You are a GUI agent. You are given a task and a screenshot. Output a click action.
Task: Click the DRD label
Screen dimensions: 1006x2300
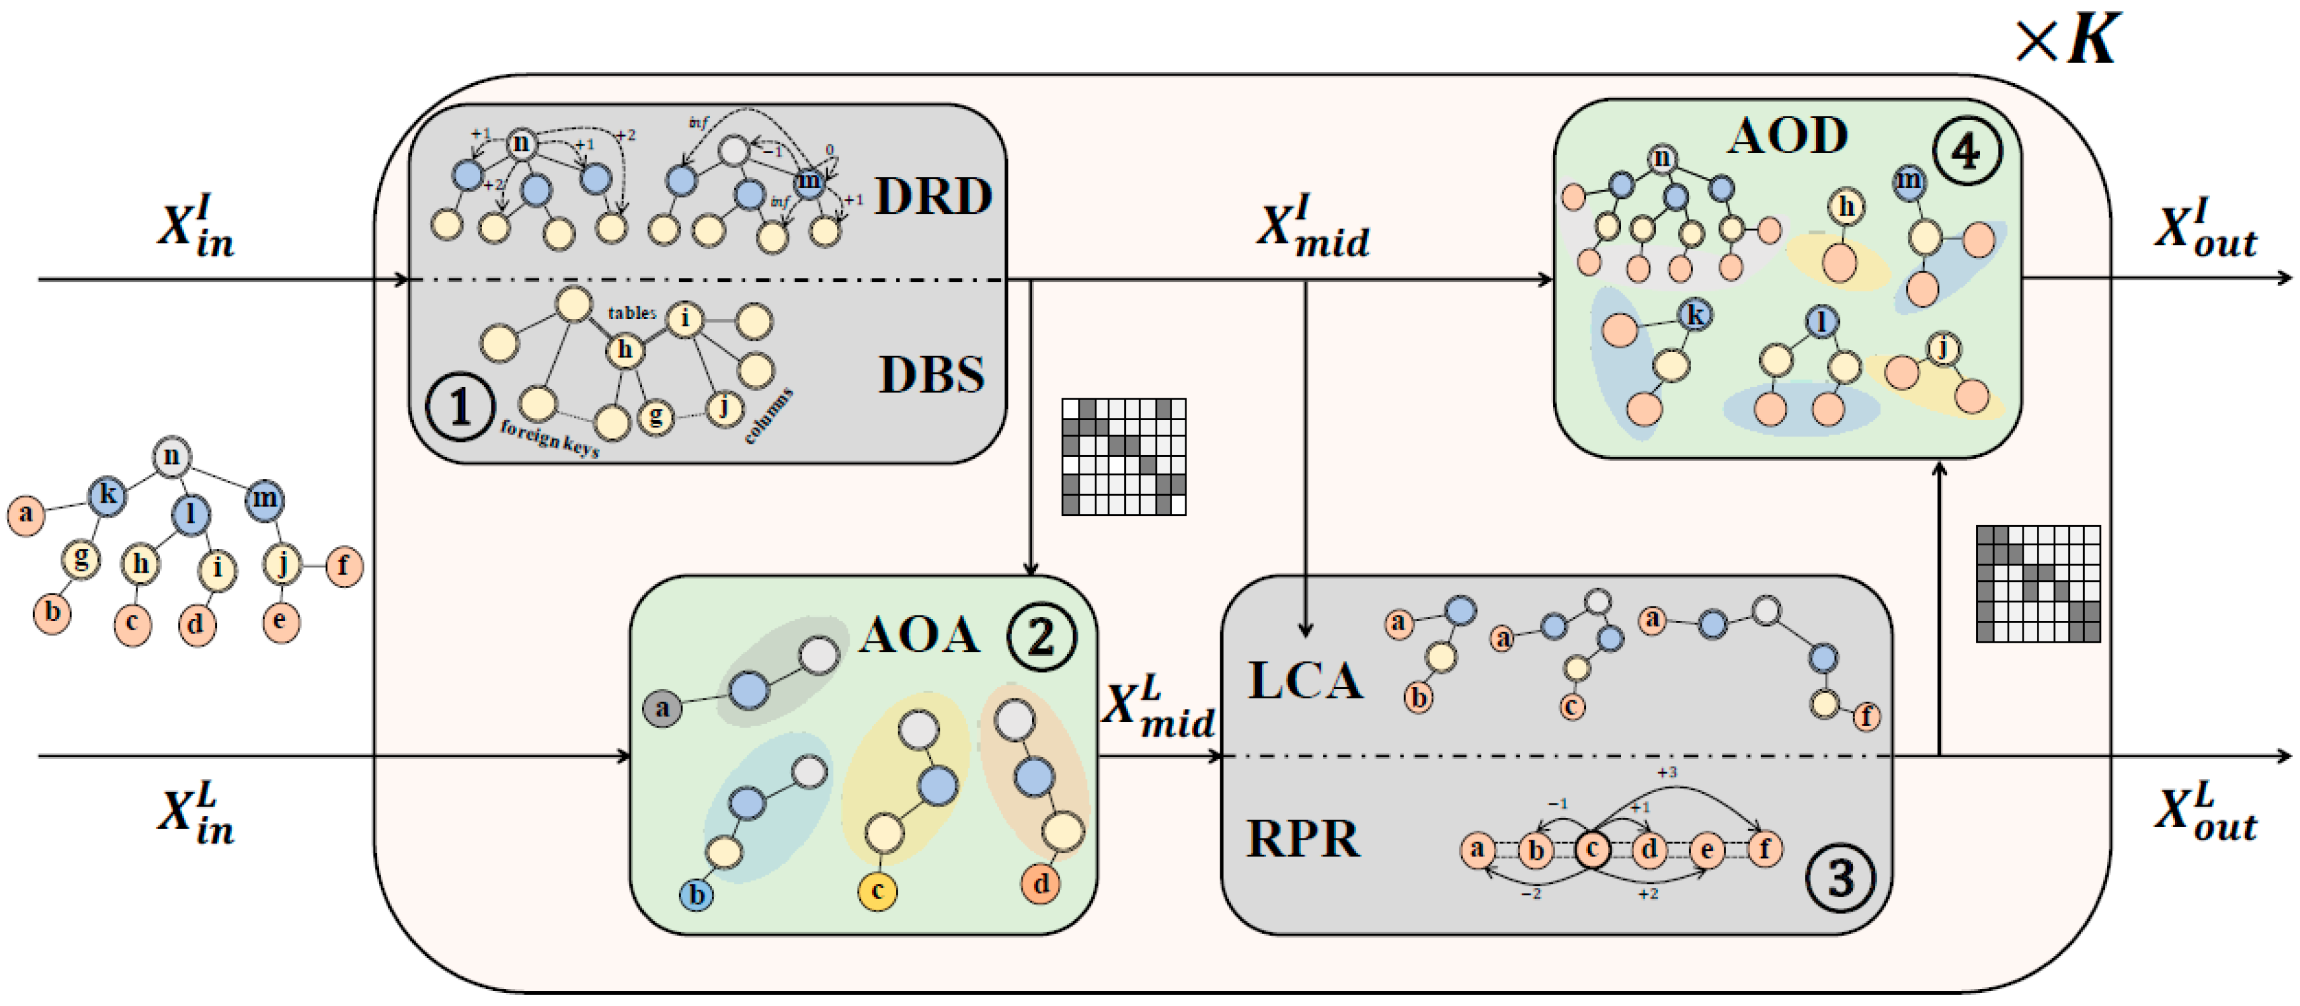(x=932, y=196)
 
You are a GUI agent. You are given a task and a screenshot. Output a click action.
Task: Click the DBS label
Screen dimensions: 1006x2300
(x=932, y=375)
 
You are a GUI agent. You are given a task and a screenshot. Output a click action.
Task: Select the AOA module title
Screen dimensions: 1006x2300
(x=919, y=636)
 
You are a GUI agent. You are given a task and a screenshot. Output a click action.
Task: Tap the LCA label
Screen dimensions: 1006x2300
(x=1305, y=681)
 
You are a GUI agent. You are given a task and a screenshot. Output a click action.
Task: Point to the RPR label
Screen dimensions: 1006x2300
(x=1303, y=839)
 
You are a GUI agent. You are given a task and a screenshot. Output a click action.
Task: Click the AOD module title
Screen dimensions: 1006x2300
(x=1787, y=136)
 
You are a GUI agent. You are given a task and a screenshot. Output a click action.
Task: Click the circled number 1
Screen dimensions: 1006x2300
(x=460, y=407)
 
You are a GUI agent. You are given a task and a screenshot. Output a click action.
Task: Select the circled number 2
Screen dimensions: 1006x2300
(x=1041, y=637)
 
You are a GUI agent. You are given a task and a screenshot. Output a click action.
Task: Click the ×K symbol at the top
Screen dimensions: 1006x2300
(x=2067, y=40)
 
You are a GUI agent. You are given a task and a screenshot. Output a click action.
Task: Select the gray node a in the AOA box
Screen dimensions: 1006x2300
(x=661, y=709)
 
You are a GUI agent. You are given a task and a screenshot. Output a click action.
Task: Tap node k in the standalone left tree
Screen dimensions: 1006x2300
(x=107, y=495)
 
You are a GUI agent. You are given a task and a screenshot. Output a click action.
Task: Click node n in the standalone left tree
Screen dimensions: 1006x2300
(x=171, y=456)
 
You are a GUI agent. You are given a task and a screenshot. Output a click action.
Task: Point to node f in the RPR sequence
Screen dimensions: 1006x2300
(x=1764, y=848)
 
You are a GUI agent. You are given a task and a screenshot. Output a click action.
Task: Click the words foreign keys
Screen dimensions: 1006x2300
(x=549, y=438)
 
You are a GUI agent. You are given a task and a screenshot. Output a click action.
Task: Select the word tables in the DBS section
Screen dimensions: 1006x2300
(x=631, y=313)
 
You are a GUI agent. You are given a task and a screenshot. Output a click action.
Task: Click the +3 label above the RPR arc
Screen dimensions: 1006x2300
(x=1666, y=772)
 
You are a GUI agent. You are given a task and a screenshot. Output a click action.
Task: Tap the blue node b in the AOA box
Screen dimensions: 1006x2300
(x=696, y=895)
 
